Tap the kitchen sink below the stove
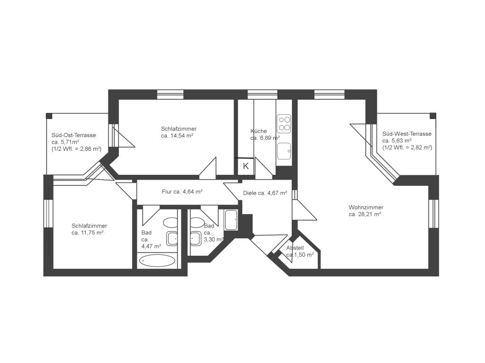284,151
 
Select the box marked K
246,166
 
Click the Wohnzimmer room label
366,207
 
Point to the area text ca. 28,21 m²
365,214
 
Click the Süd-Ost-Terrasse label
73,135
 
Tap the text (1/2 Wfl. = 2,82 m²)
407,147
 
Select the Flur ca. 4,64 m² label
182,192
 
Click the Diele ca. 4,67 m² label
265,193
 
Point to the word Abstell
295,248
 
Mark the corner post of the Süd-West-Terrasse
433,116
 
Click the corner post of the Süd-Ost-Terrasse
49,116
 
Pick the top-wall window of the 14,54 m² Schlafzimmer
170,95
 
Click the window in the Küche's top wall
262,95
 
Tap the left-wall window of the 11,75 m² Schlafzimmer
48,214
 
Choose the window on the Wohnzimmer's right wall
434,214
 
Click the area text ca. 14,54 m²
177,136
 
